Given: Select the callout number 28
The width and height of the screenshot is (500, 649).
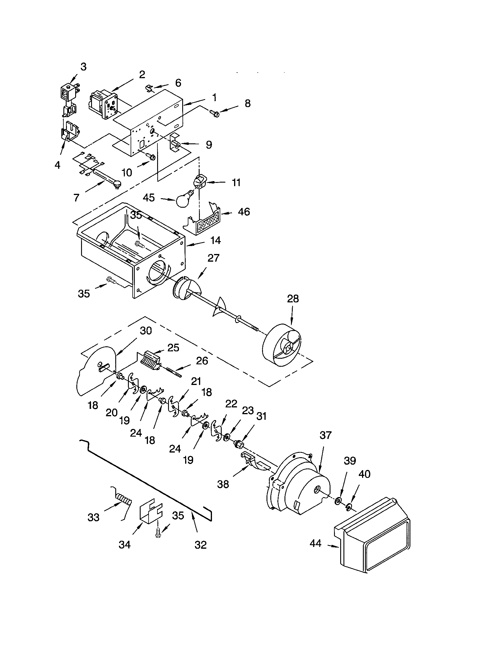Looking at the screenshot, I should point(293,299).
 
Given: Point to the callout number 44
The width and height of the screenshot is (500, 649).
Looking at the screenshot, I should point(315,543).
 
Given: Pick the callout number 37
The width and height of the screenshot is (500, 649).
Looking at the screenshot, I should point(325,435).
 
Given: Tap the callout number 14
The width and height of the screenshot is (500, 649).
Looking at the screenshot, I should point(215,240).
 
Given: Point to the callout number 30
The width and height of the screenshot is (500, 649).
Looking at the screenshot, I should point(146,331).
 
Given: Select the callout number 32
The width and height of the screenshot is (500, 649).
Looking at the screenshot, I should point(200,545).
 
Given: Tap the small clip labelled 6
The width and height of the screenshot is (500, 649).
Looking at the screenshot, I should point(150,88).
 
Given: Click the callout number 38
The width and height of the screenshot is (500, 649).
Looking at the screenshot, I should point(223,484).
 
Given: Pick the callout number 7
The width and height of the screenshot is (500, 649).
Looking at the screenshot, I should point(76,197).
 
